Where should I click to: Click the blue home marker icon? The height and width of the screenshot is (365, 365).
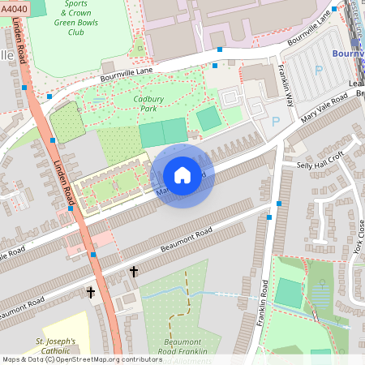[x=182, y=175]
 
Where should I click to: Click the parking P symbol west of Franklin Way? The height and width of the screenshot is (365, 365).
[x=275, y=122]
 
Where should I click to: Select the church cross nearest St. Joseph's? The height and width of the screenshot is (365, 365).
[x=91, y=291]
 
